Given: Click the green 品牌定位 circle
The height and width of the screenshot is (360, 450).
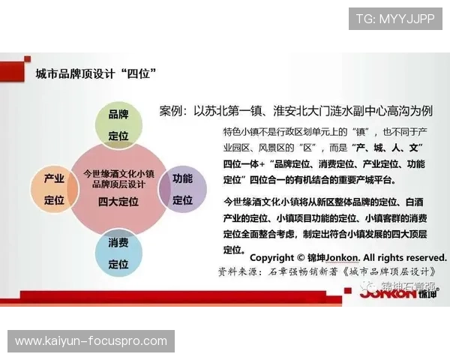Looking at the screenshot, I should (118, 124).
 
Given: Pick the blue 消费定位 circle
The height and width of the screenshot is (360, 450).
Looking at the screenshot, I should (118, 253).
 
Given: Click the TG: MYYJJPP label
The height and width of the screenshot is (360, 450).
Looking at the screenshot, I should (394, 19).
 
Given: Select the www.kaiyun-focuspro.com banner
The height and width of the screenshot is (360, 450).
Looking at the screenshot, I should (91, 341).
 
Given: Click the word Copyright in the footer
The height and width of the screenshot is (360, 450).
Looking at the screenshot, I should (277, 256).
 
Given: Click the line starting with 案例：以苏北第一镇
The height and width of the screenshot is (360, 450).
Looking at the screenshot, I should (295, 111).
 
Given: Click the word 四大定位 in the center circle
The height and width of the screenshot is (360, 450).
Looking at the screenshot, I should (118, 202).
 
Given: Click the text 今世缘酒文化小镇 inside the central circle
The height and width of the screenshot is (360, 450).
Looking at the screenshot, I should (118, 172).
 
